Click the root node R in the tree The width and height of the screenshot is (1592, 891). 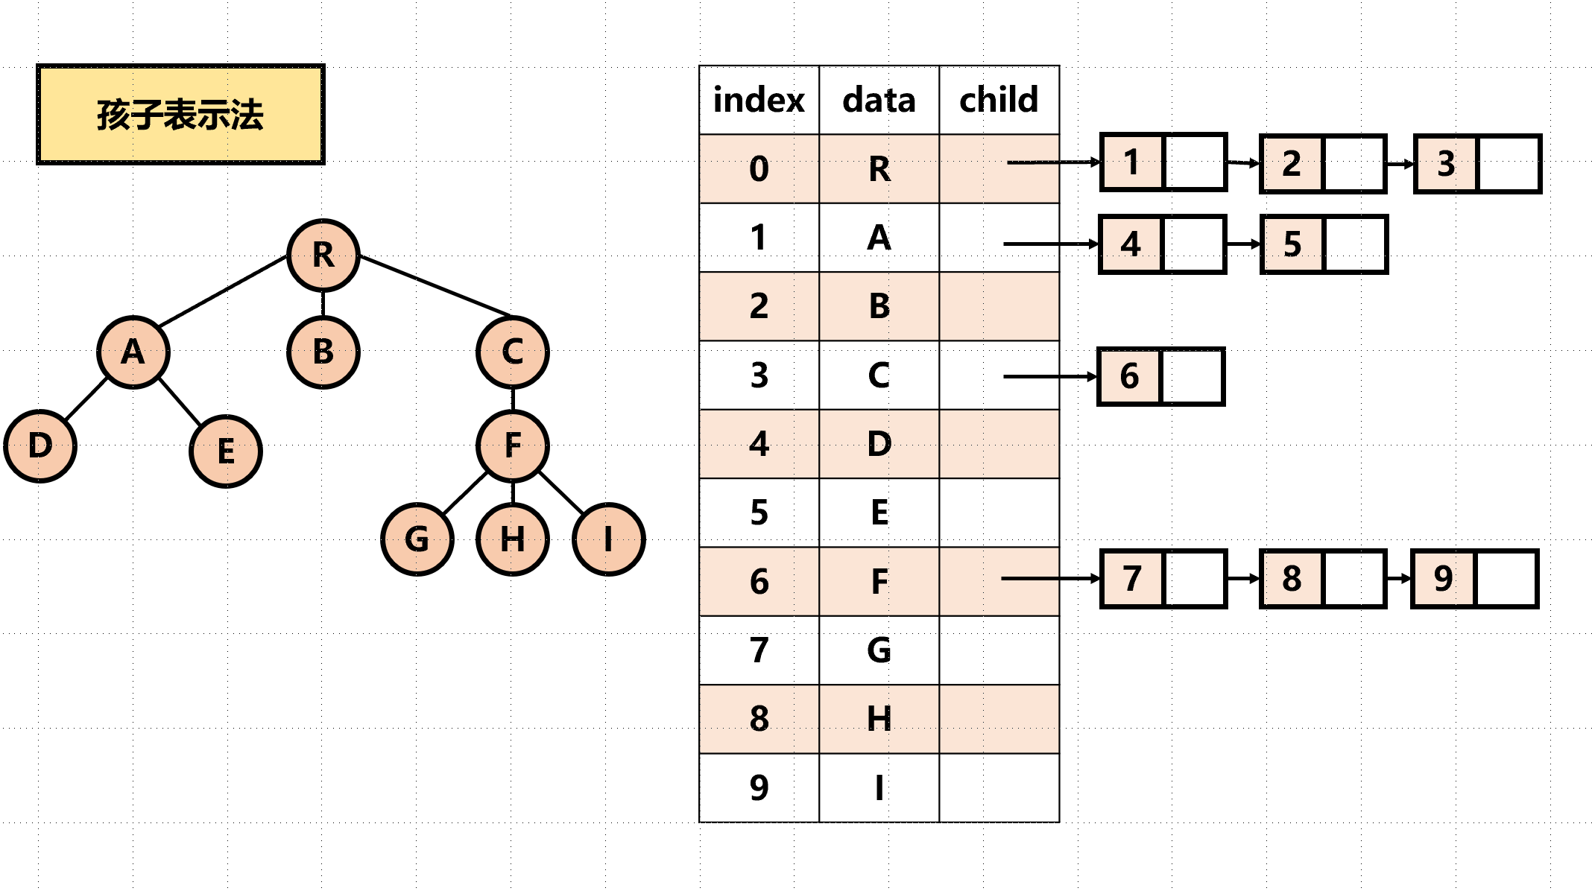tap(323, 255)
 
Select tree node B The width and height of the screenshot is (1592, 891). tap(323, 352)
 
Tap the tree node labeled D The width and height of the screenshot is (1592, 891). tap(40, 445)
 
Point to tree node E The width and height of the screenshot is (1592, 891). tap(226, 451)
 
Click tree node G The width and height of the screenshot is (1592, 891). tap(417, 539)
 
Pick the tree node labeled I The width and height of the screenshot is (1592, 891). tap(609, 539)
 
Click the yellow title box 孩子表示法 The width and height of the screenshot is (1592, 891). tap(180, 114)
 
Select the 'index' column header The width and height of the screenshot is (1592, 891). tap(759, 100)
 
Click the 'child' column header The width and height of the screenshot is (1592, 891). tap(999, 100)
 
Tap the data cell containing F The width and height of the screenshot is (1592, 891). tap(879, 581)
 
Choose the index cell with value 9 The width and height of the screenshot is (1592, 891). tap(759, 787)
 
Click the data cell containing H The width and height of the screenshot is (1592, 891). tap(879, 719)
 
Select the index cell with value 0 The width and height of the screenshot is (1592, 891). tap(759, 168)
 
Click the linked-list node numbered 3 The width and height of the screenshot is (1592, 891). tap(1477, 164)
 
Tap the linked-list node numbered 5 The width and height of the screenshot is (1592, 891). tap(1324, 244)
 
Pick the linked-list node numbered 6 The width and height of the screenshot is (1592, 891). tap(1161, 376)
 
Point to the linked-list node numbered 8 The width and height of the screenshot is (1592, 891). tap(1323, 579)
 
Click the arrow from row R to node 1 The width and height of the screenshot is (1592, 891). tap(1053, 162)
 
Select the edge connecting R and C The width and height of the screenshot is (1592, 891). tap(435, 285)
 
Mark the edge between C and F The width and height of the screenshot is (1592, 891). tap(513, 399)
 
